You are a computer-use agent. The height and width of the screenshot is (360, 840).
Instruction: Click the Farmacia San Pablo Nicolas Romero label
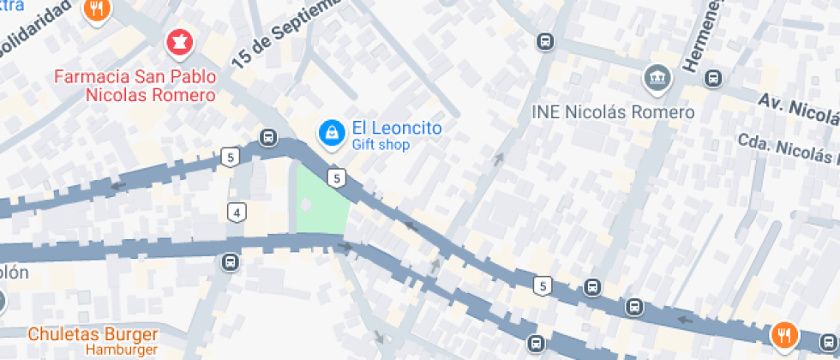[135, 86]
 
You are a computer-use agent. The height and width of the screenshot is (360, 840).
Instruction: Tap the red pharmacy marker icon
[179, 40]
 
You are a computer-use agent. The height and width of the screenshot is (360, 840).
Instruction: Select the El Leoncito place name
[397, 129]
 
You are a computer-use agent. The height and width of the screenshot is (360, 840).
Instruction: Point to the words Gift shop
[381, 146]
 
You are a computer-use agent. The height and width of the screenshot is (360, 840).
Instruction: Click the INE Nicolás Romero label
[612, 112]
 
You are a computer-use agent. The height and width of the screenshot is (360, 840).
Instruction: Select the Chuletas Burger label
[93, 334]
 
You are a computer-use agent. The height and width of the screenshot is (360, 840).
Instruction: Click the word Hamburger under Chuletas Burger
[121, 350]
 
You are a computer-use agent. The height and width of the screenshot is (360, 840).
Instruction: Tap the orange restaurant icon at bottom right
[783, 335]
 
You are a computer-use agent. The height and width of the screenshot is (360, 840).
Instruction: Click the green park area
[320, 201]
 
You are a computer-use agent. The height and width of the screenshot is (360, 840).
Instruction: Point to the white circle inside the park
[307, 205]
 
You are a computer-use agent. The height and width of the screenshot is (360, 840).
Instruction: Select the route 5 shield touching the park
[338, 178]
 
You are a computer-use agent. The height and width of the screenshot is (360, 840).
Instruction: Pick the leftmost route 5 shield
[229, 157]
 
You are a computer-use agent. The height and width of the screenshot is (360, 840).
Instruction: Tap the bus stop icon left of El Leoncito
[268, 137]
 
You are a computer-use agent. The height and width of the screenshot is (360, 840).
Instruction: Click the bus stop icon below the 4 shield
[230, 261]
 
